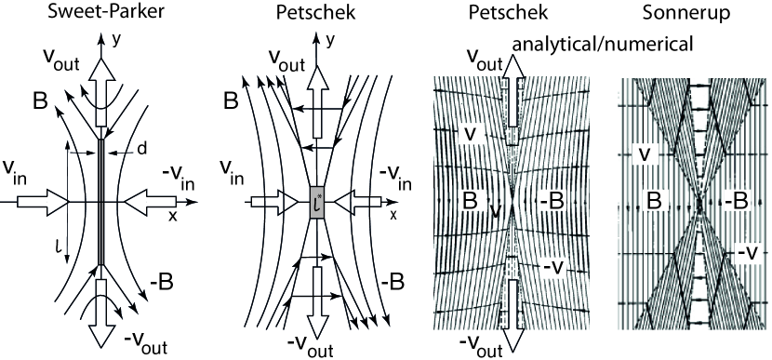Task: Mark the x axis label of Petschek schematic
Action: click(393, 215)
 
